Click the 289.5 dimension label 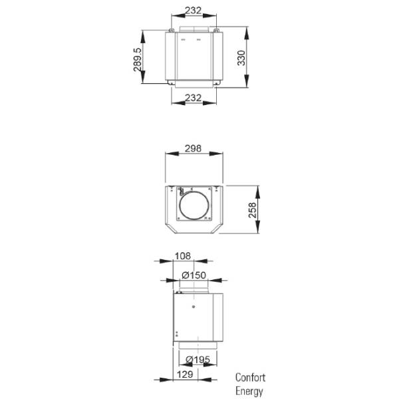click(x=138, y=59)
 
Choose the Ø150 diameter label click(x=194, y=275)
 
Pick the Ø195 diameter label click(x=194, y=360)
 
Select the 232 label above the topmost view click(x=194, y=11)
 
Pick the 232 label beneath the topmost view click(x=194, y=98)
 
